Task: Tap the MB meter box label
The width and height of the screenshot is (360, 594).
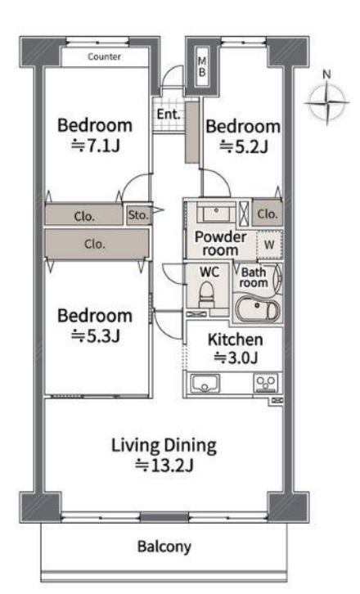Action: click(202, 66)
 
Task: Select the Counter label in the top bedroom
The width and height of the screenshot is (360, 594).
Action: click(104, 56)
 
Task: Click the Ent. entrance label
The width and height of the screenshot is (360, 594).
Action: click(169, 114)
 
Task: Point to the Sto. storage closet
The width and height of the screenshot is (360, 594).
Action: click(139, 215)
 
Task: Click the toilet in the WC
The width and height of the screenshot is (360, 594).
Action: click(206, 295)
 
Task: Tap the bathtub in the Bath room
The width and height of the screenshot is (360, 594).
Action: click(257, 308)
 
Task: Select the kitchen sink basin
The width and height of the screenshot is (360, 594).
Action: click(205, 383)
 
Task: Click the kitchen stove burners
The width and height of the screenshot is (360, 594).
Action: click(266, 383)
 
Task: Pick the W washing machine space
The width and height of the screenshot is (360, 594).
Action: click(269, 244)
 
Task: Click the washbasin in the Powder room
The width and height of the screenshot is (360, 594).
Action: click(215, 212)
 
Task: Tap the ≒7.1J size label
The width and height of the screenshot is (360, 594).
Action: click(96, 145)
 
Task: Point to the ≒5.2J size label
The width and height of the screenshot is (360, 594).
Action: click(244, 146)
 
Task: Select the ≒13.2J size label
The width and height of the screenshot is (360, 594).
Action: click(164, 465)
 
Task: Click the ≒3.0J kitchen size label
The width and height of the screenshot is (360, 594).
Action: click(236, 358)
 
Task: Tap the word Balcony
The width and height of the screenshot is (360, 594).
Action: click(164, 547)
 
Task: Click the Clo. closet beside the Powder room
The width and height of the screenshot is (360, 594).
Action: click(268, 213)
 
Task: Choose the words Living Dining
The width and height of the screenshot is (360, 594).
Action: click(164, 445)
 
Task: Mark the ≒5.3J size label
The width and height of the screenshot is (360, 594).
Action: click(96, 335)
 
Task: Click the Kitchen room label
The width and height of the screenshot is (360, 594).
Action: click(236, 340)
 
